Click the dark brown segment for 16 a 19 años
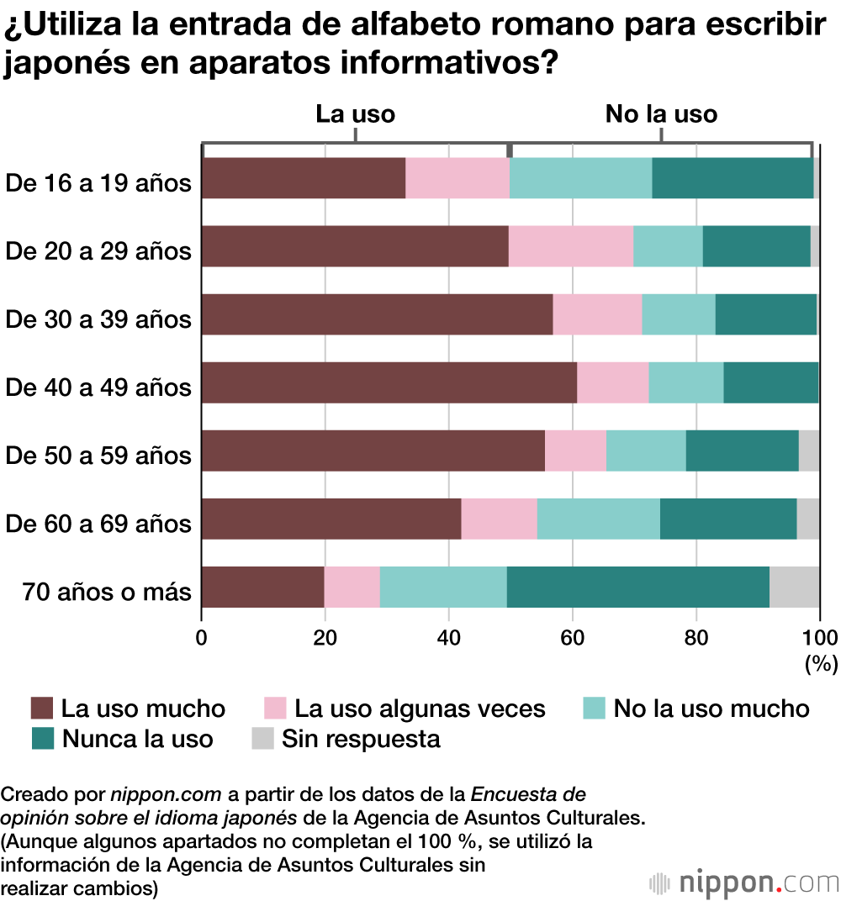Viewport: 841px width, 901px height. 304,178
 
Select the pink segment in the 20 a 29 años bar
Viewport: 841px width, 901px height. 571,246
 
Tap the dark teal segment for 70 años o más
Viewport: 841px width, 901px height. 638,587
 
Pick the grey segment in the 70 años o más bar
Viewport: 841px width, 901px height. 794,587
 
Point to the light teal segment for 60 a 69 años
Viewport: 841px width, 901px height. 598,519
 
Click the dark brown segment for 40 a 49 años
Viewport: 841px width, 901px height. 389,382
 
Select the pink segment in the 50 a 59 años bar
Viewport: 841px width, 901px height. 575,450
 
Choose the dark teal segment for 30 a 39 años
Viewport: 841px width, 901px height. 765,314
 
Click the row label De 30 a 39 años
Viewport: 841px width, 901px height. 98,319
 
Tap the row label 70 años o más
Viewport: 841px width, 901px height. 108,592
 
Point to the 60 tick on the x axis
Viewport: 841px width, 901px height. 573,636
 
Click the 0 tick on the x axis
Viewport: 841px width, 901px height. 202,636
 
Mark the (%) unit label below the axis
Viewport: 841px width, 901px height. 822,664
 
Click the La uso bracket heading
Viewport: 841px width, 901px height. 355,114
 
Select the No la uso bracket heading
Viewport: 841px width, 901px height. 661,114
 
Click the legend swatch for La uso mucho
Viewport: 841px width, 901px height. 42,709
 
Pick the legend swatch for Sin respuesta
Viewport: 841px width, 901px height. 264,739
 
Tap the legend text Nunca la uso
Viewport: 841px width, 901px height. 138,739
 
